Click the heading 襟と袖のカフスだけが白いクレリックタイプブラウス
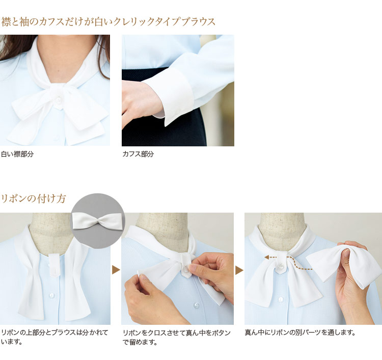click(108, 22)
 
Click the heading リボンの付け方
click(34, 198)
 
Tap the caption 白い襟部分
click(17, 154)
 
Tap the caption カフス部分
click(138, 154)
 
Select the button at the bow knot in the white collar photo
click(59, 99)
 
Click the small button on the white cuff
click(175, 112)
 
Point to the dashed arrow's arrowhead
click(267, 257)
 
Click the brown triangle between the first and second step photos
click(116, 270)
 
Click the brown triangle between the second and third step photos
click(239, 270)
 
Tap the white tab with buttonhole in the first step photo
click(54, 264)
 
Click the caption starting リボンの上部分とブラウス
click(54, 337)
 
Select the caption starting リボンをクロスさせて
click(177, 338)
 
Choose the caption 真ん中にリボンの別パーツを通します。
click(300, 332)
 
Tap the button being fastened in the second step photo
click(185, 269)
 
